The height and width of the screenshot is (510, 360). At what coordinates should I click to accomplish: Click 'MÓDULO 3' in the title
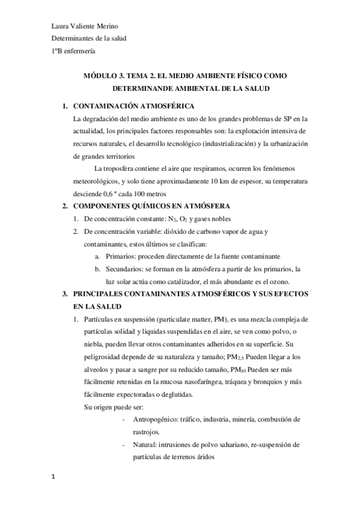point(103,75)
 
